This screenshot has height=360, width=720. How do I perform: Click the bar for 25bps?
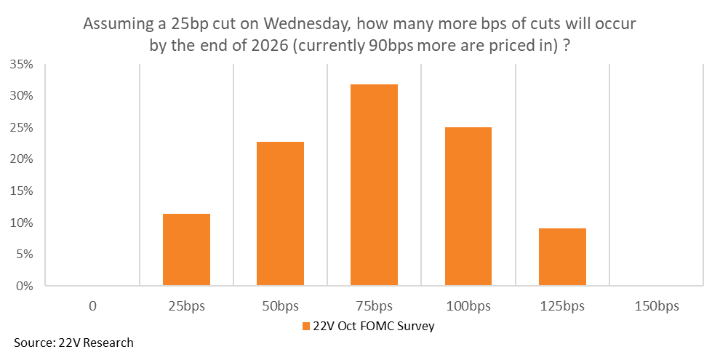[186, 249]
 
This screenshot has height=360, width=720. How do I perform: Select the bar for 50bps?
[280, 214]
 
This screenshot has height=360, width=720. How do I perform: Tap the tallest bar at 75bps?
[374, 185]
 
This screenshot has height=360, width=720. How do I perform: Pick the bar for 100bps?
[468, 207]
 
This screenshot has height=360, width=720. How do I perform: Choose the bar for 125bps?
[562, 257]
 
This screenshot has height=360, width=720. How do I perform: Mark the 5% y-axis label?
[25, 254]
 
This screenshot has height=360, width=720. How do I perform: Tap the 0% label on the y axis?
[25, 286]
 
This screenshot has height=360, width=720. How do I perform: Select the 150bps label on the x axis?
[656, 306]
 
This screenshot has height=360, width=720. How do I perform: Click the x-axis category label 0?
[92, 306]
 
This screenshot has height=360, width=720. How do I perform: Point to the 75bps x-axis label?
[374, 306]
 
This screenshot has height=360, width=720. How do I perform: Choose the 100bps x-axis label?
[468, 306]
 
